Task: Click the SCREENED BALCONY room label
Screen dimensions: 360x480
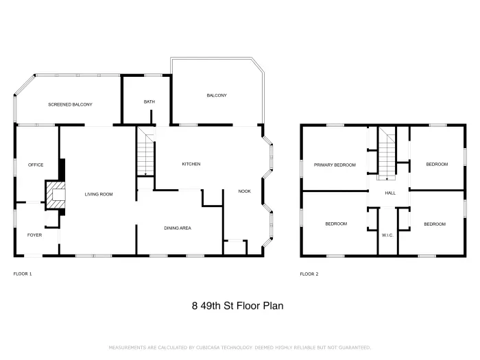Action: pyautogui.click(x=70, y=104)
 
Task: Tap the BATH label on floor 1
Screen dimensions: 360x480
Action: pyautogui.click(x=149, y=101)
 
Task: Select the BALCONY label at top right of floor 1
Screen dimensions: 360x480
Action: pyautogui.click(x=217, y=95)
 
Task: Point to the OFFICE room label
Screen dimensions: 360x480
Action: pyautogui.click(x=36, y=165)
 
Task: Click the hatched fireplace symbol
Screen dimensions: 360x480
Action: pyautogui.click(x=56, y=194)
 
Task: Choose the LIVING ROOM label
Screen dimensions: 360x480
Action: pyautogui.click(x=98, y=194)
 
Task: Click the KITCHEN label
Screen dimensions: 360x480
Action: pyautogui.click(x=191, y=165)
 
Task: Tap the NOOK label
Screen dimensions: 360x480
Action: pyautogui.click(x=244, y=192)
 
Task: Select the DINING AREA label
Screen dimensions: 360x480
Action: pyautogui.click(x=177, y=228)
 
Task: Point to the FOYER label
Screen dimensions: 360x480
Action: pyautogui.click(x=34, y=235)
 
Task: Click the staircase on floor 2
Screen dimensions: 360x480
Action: pyautogui.click(x=389, y=156)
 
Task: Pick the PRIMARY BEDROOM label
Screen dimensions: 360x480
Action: pyautogui.click(x=335, y=165)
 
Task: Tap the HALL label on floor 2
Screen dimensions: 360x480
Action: pyautogui.click(x=390, y=193)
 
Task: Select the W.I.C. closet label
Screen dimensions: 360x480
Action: pyautogui.click(x=387, y=235)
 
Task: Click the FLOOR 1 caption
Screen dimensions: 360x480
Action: pyautogui.click(x=23, y=274)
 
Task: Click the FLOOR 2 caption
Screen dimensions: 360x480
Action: pyautogui.click(x=309, y=274)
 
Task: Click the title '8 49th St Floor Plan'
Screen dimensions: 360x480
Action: pyautogui.click(x=237, y=306)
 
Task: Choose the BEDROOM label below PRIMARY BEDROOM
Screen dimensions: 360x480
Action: pyautogui.click(x=336, y=224)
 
